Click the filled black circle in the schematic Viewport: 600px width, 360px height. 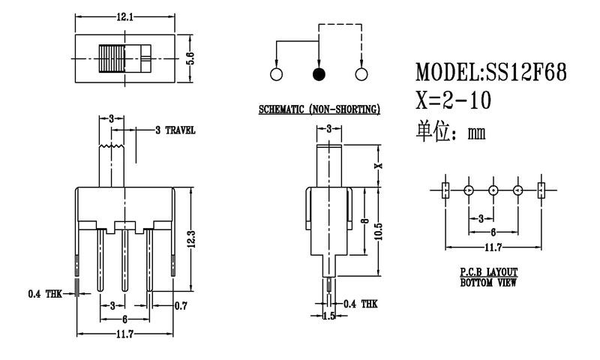point(319,74)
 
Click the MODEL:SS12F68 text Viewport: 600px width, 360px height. point(484,72)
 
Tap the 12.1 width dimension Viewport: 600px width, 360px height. point(124,16)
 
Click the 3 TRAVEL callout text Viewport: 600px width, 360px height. point(175,130)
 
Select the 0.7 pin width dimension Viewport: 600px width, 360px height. point(180,305)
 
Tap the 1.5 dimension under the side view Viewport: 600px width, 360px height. point(328,316)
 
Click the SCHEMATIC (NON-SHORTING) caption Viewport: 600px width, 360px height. point(319,109)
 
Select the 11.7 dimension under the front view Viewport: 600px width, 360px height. point(124,333)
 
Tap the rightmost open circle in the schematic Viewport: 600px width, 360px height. point(362,74)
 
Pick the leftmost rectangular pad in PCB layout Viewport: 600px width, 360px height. point(445,190)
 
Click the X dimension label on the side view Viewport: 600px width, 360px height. point(379,166)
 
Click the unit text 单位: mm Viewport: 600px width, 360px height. point(451,133)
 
